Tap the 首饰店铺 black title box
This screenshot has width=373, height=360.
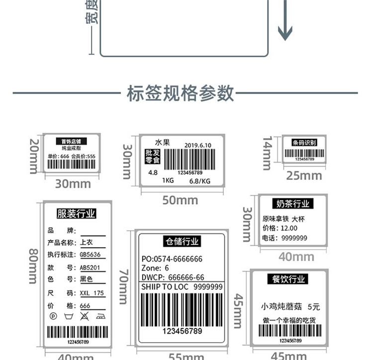[x=71, y=142]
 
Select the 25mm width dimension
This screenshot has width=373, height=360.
[x=304, y=176]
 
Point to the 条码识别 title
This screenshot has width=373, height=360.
[x=304, y=143]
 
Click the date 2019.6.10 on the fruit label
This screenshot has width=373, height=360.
[x=197, y=145]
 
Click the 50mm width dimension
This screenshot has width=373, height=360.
[x=180, y=200]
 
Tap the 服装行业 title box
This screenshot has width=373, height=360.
[x=76, y=214]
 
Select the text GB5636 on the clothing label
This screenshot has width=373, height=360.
[x=90, y=255]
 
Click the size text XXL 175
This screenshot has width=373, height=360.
[x=92, y=293]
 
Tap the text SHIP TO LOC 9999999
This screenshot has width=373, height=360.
[x=182, y=287]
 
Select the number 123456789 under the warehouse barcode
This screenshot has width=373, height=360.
[x=183, y=331]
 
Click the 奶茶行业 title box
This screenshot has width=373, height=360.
[x=293, y=204]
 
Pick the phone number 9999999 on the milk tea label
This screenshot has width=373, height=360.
[x=294, y=238]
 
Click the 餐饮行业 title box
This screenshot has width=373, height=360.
[x=288, y=279]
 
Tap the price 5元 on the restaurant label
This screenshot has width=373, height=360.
[x=314, y=307]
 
